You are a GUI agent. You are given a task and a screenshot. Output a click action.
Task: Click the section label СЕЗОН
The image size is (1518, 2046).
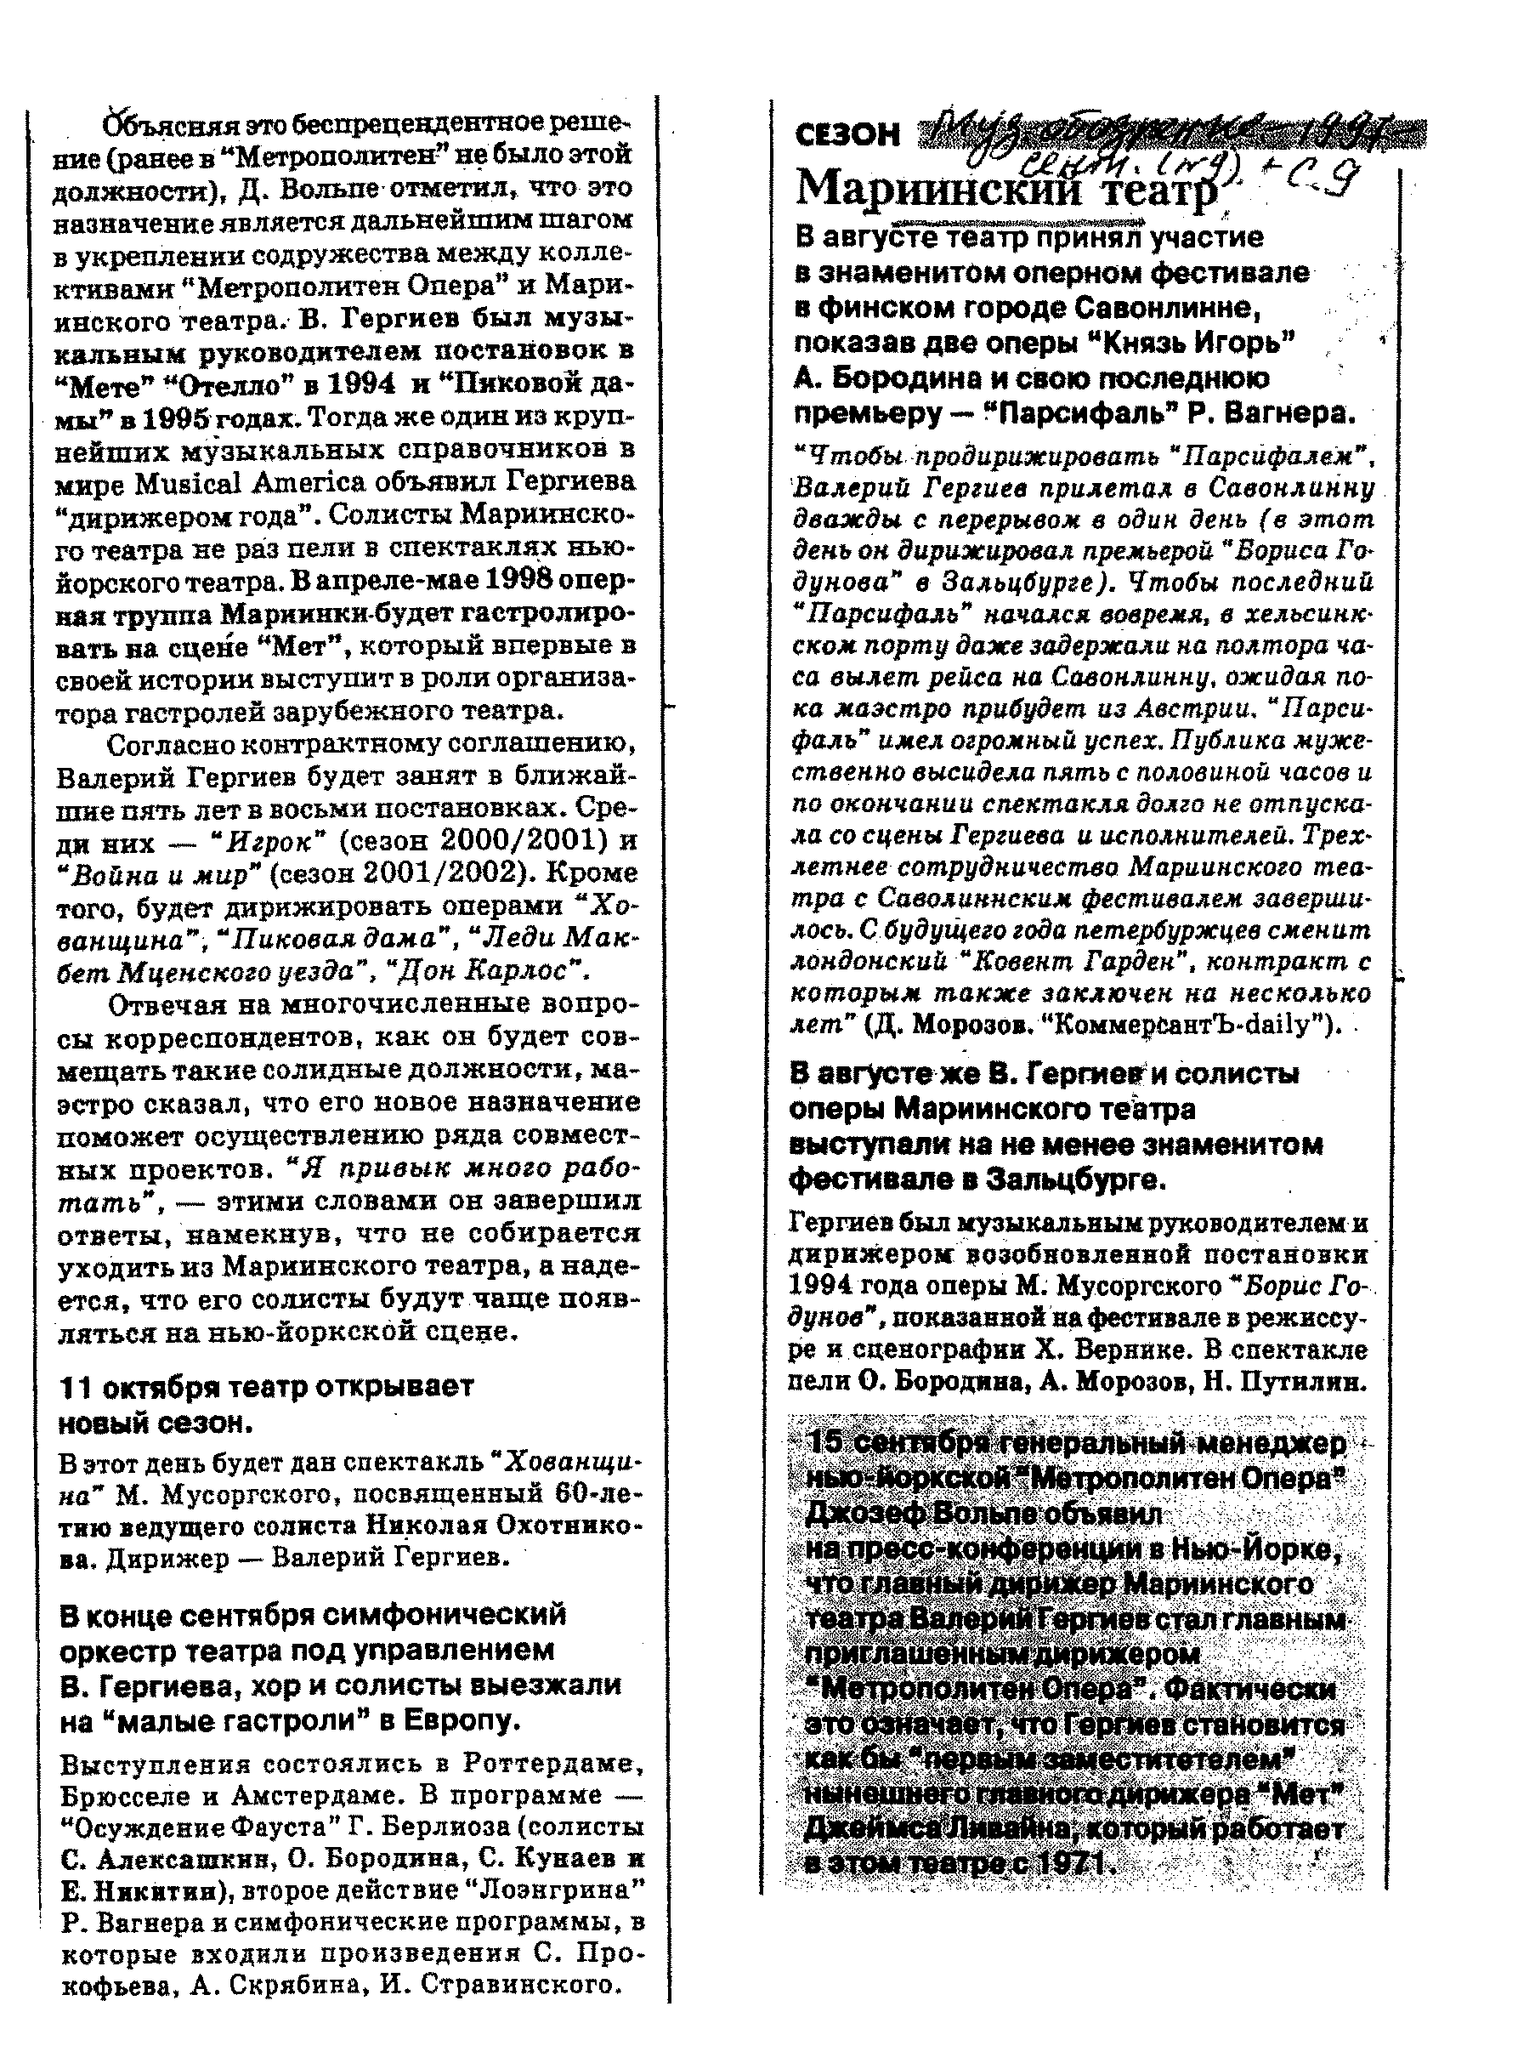tap(847, 135)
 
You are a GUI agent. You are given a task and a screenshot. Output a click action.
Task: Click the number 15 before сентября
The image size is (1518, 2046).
tap(824, 1442)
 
